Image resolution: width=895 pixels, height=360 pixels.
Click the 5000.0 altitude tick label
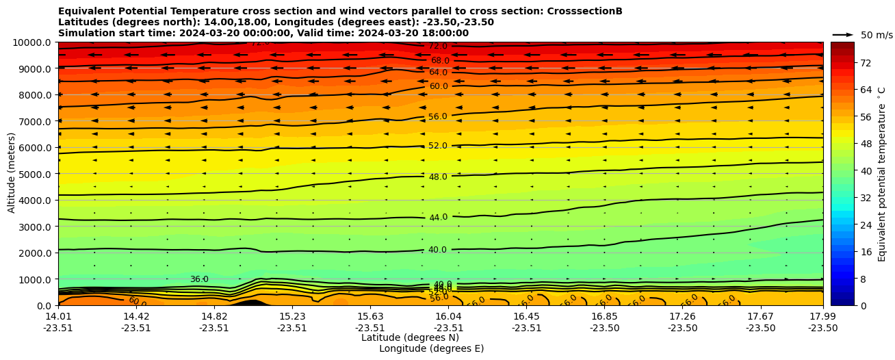[32, 174]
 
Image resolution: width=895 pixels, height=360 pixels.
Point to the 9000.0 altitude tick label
[32, 68]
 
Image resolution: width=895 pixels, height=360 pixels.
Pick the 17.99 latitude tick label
[822, 316]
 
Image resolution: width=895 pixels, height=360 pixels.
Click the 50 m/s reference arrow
[843, 34]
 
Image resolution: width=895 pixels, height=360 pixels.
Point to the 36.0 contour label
[199, 279]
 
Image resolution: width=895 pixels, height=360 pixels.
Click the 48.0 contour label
[438, 177]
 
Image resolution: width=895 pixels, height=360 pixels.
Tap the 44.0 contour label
[438, 218]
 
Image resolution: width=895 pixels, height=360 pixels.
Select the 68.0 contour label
[440, 61]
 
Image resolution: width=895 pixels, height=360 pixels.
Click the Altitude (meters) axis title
[12, 173]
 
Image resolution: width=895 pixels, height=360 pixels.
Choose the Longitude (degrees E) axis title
[431, 349]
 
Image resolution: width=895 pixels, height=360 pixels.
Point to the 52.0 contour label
[438, 146]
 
